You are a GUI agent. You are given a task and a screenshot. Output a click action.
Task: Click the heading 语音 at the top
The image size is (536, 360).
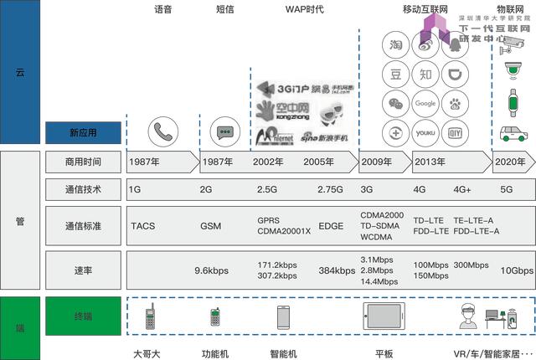[x=164, y=10]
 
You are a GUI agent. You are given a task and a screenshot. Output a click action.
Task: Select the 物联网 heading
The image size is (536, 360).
[x=511, y=10]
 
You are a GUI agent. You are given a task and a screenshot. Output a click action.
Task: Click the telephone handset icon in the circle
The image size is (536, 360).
[x=163, y=132]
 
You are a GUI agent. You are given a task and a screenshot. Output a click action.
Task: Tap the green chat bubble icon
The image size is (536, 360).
[x=224, y=132]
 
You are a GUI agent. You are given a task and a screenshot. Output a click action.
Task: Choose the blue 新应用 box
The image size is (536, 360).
[x=83, y=132]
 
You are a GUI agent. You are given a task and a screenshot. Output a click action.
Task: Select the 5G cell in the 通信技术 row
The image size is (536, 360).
[x=508, y=190]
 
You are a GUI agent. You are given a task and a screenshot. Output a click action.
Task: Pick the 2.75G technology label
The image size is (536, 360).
[x=331, y=190]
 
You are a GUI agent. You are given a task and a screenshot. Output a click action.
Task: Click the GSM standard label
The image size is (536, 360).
[x=211, y=226]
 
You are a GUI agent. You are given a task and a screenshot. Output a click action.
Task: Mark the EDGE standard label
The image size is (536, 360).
[x=332, y=226]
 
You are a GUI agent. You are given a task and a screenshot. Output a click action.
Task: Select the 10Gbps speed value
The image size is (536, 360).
[x=516, y=270]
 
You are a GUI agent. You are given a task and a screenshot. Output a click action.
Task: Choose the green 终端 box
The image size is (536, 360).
[x=83, y=316]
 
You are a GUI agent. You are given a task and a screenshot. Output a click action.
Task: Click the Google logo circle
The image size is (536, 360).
[x=425, y=103]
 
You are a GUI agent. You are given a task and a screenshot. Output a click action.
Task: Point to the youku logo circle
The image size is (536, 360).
[x=425, y=132]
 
